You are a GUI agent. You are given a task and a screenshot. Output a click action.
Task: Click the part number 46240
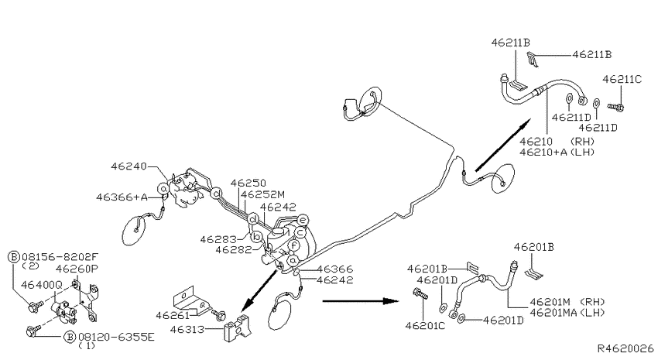tap(129, 166)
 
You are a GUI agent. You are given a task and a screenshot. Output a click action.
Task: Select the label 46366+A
tap(122, 197)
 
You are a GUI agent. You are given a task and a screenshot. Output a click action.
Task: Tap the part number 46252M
tap(262, 194)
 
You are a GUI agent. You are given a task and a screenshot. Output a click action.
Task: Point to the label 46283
tap(218, 239)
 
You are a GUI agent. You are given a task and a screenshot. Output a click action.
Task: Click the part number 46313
tap(187, 329)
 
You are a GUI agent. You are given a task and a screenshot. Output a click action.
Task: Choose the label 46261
tap(173, 314)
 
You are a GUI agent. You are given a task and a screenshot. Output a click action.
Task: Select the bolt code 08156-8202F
tap(60, 256)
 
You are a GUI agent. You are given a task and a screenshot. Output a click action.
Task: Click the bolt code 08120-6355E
tap(116, 337)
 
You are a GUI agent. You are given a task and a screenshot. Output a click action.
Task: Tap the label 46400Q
tap(42, 285)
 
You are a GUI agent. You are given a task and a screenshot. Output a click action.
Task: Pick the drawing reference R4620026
tap(625, 348)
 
